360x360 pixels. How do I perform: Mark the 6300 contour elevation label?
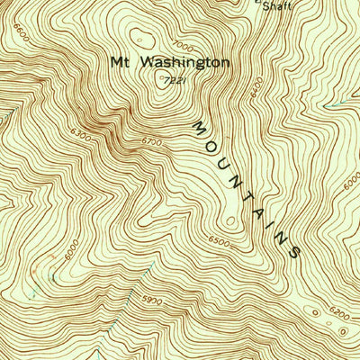coord(79,136)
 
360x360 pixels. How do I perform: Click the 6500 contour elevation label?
coord(219,241)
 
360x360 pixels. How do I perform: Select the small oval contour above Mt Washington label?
coord(139,37)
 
